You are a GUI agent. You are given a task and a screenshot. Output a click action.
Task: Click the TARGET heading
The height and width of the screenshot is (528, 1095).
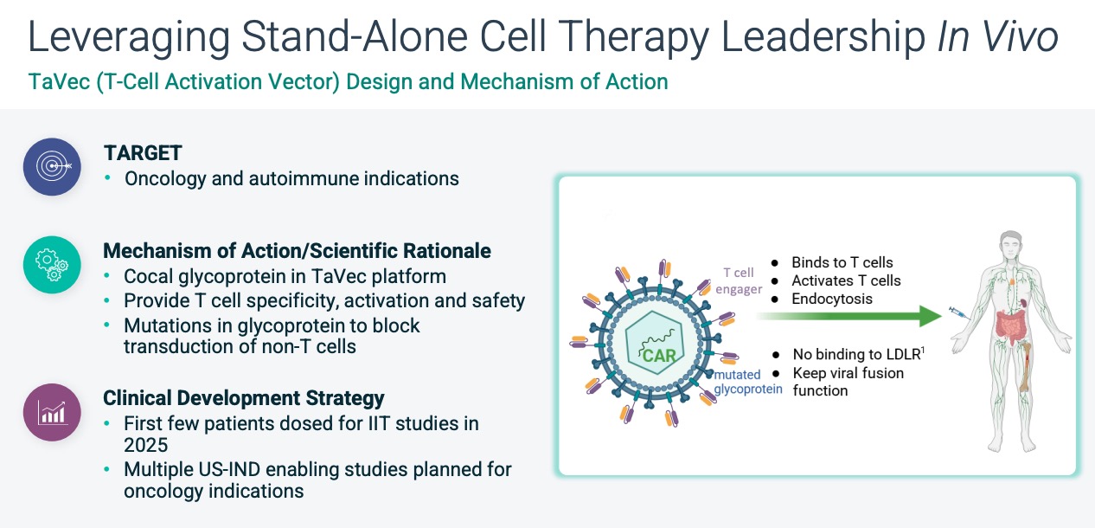pos(143,153)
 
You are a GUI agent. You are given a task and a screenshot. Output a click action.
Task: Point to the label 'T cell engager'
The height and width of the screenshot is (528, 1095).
pos(739,280)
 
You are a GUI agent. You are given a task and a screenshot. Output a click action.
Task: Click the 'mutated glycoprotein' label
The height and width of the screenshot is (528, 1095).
pos(747,382)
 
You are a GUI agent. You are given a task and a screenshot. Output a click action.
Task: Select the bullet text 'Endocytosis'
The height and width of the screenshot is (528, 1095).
pos(832,299)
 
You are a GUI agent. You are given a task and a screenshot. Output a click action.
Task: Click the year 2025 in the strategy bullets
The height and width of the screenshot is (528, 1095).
pos(147,445)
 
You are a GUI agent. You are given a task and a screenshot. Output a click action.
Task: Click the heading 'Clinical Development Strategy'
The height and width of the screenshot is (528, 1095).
pos(243,399)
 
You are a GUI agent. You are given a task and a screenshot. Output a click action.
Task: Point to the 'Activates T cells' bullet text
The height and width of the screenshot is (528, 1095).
pos(846,280)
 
